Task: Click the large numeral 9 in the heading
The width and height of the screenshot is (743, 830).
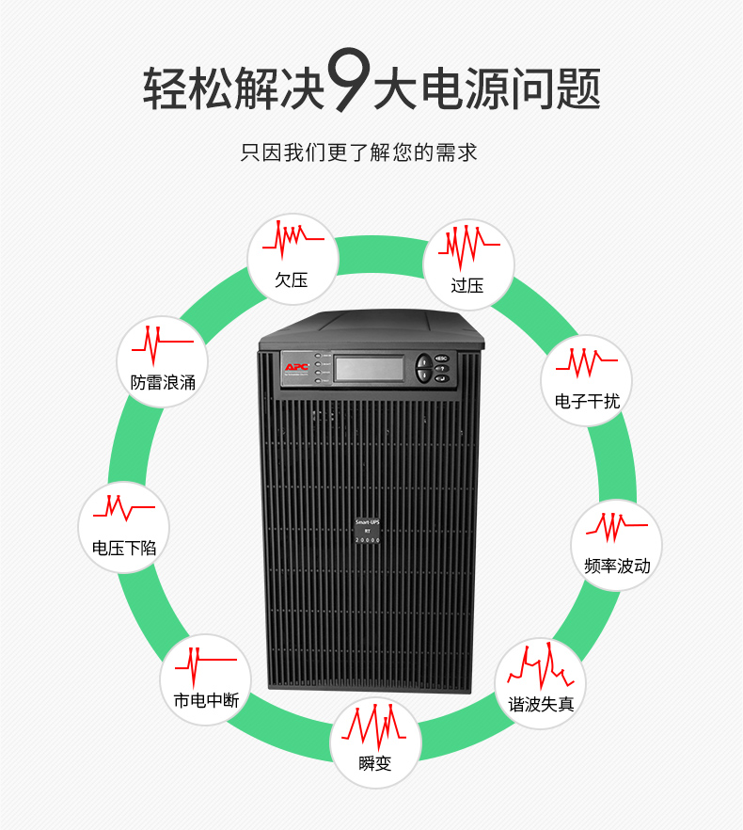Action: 347,84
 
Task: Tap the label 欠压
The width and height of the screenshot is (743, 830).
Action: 292,279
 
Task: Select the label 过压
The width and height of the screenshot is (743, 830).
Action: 467,285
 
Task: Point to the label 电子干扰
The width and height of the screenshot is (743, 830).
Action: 587,402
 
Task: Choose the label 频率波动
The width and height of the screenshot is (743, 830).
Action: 617,566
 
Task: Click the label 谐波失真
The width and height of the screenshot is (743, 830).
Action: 541,704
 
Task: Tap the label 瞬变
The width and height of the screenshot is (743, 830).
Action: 374,763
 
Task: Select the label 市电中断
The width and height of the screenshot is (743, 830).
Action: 206,701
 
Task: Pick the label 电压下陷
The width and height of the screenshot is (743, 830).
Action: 124,549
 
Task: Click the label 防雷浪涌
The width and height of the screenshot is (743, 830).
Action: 163,382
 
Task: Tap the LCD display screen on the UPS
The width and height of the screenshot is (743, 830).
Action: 371,368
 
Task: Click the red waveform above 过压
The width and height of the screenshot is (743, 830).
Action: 466,247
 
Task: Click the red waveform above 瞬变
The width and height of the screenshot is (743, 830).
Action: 374,725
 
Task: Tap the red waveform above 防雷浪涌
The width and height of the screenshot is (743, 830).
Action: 161,343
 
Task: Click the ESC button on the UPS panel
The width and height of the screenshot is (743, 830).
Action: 441,359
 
